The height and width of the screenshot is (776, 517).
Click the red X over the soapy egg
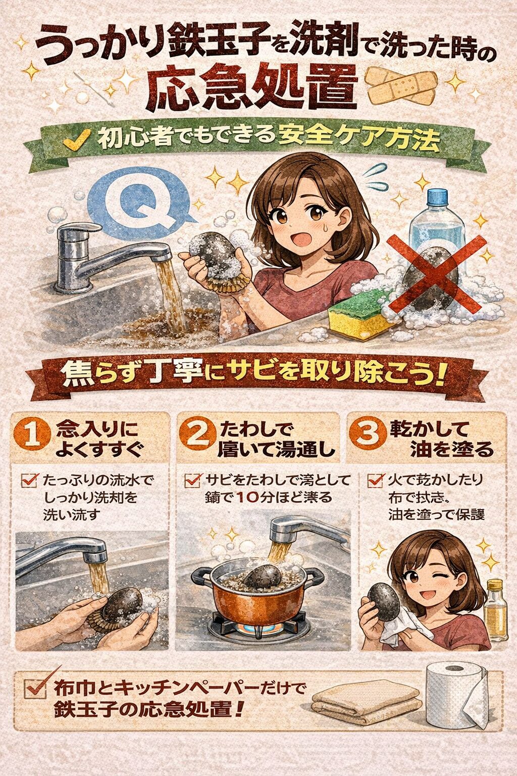[437, 273]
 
